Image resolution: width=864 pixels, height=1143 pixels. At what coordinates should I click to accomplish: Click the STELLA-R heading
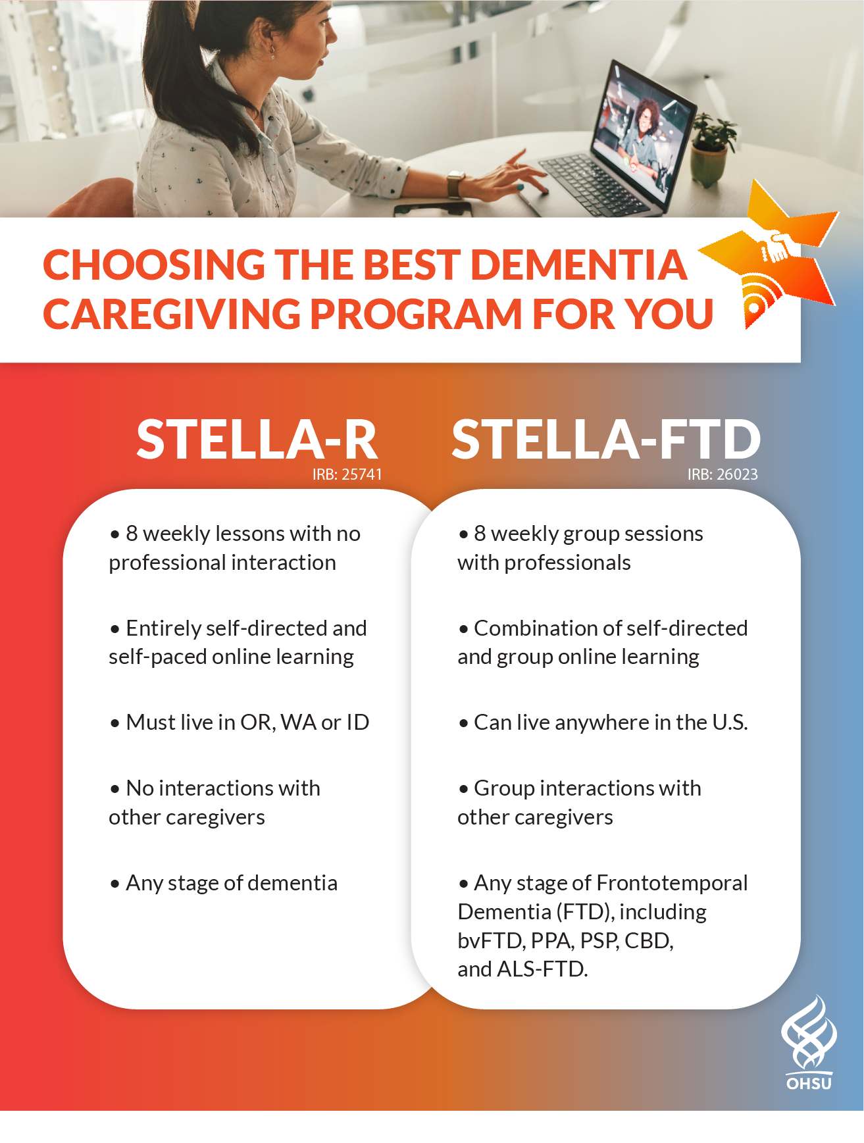pos(257,439)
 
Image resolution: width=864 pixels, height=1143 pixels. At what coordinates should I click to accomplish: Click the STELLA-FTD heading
pos(606,439)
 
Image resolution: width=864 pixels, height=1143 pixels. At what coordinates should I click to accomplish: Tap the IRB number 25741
pos(347,474)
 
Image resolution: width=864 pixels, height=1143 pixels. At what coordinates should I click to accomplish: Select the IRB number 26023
pos(723,474)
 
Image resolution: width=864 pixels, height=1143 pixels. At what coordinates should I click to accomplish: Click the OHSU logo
pos(809,1043)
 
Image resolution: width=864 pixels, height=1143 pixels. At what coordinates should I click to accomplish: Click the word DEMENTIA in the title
pos(579,265)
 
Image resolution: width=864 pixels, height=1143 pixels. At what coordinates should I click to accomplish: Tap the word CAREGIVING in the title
pos(170,314)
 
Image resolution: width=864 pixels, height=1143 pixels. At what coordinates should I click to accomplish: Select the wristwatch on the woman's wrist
pos(455,184)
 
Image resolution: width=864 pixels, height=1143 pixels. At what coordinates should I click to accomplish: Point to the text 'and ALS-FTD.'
pos(522,969)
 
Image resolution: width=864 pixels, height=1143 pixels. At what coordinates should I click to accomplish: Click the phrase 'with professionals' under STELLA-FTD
pos(544,563)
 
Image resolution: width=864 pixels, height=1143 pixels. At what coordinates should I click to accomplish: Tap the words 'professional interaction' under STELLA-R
pos(222,563)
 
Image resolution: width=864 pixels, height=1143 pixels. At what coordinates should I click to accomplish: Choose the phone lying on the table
pos(433,209)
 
